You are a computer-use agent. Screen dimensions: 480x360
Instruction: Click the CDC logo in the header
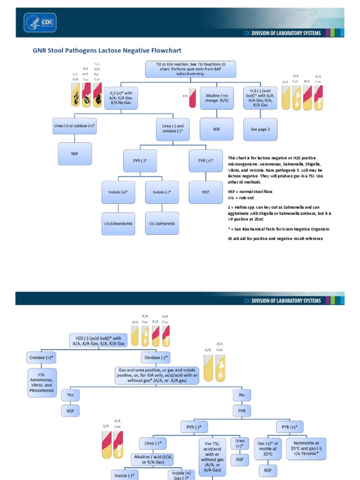tap(40, 22)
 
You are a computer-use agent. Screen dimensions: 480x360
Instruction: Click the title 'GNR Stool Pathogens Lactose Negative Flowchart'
tap(106, 50)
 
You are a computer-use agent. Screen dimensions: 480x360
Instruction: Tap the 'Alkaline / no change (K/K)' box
tap(217, 97)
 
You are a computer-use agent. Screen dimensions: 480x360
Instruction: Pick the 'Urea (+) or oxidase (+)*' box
tap(75, 126)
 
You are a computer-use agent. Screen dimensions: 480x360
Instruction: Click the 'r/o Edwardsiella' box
tap(118, 224)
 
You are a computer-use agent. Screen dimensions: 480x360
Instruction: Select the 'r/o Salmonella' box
tap(162, 224)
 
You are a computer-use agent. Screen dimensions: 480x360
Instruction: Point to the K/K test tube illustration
tap(192, 98)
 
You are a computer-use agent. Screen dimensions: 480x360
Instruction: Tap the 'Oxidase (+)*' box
tap(42, 357)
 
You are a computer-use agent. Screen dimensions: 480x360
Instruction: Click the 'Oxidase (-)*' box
tap(157, 357)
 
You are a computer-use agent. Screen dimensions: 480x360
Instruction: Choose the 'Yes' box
tap(70, 395)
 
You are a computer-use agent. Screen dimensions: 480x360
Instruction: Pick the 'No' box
tap(242, 395)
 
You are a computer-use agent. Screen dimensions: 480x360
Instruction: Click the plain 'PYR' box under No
tap(242, 411)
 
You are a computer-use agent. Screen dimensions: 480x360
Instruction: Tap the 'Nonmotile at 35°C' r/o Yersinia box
tap(306, 448)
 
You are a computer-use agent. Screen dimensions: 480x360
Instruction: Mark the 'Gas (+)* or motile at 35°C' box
tap(268, 448)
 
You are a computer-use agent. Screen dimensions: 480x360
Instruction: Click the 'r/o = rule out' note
tap(241, 198)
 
